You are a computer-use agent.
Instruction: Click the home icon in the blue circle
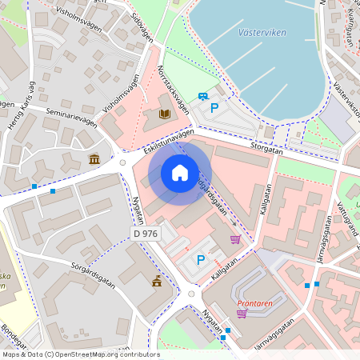180,173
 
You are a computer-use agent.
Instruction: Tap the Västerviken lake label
262,33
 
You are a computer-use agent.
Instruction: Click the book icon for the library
165,114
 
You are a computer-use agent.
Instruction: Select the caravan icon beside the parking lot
204,94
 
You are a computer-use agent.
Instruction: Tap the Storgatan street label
266,147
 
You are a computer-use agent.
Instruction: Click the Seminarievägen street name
71,117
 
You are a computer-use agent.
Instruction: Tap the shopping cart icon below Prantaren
242,314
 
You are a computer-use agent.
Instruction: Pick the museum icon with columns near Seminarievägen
95,158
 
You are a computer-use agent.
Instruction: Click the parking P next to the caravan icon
214,106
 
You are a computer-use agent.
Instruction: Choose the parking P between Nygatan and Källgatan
201,259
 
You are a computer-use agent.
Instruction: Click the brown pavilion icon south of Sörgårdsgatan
157,281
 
